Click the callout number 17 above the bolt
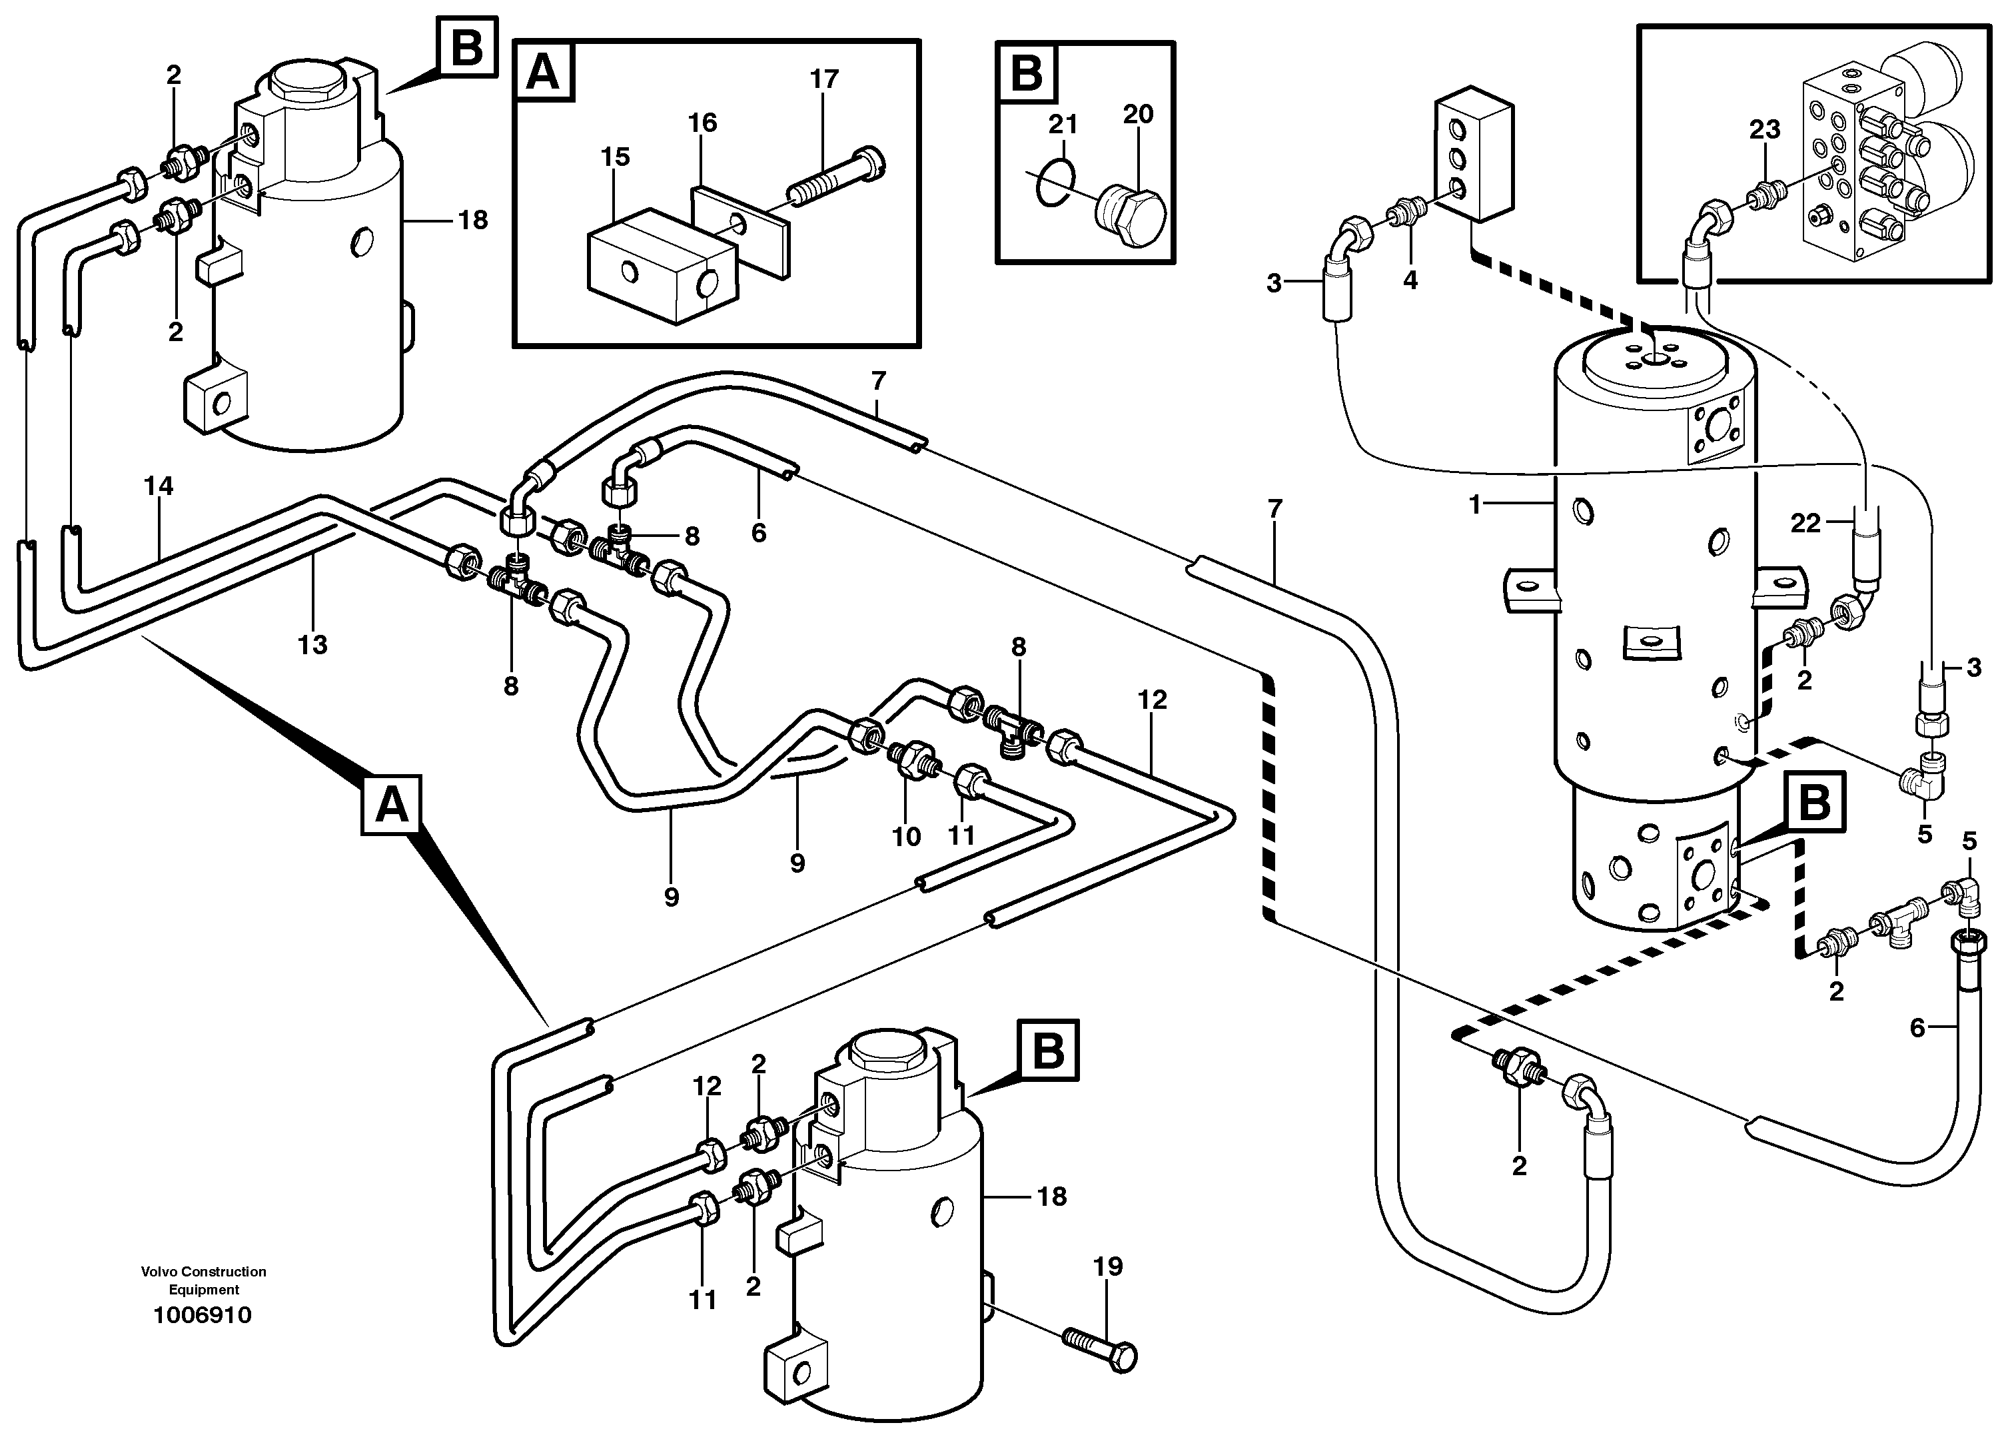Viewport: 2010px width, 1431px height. [x=824, y=79]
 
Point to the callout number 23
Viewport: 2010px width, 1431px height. [x=1764, y=129]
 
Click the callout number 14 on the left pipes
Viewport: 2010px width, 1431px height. [x=159, y=486]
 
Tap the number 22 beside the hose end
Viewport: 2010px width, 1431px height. [x=1805, y=524]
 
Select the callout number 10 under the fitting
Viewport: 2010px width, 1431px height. [x=906, y=836]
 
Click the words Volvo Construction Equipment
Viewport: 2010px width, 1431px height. [x=204, y=1280]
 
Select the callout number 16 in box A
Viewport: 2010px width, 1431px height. [x=702, y=123]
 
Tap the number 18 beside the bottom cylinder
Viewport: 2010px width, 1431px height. [x=1052, y=1196]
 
